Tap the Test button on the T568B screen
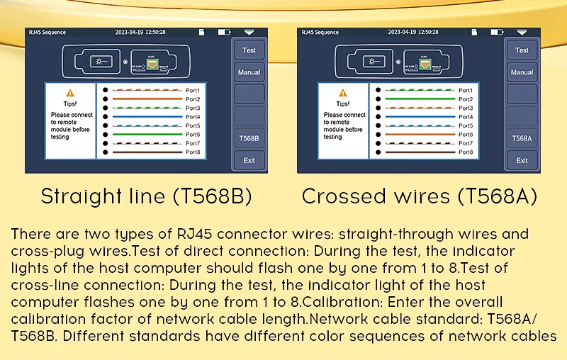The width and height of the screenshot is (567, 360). point(249,50)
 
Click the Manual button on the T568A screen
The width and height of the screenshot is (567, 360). point(522,72)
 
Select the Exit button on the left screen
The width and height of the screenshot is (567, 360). point(249,160)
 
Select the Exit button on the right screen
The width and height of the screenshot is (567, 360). point(522,160)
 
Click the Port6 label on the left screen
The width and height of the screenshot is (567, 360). point(193,135)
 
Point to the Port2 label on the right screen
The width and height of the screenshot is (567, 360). point(466,99)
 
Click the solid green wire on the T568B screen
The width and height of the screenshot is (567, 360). point(147,135)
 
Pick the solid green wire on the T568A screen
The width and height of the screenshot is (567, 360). point(420,99)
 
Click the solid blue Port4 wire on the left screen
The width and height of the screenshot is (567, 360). point(147,117)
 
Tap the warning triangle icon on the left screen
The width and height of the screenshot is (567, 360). point(70,93)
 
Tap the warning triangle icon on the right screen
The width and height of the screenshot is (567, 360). point(343,93)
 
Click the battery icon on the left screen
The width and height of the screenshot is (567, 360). point(224,32)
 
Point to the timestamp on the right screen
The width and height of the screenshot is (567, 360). point(413,32)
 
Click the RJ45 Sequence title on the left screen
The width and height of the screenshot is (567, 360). point(47,32)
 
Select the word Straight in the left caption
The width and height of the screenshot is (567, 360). point(82,196)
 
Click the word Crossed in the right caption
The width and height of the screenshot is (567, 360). point(344,196)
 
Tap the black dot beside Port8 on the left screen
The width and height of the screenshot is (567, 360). point(105,152)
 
